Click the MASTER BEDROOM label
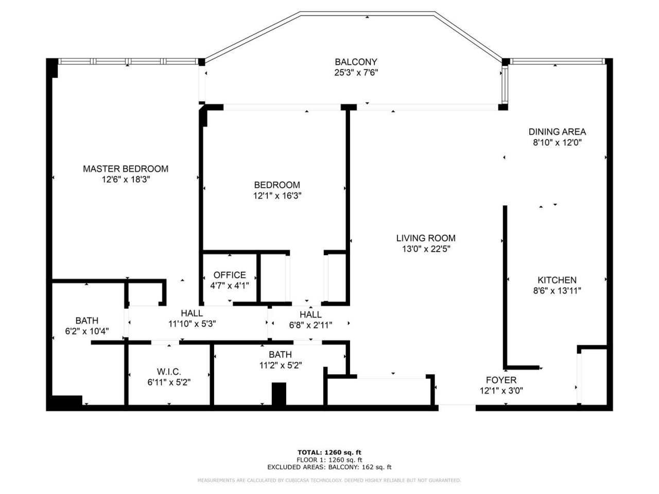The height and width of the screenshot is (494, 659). coord(126,169)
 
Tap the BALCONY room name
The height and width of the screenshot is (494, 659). coord(356,62)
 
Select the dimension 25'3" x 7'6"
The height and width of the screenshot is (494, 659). coord(356,73)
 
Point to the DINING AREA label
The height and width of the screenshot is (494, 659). coord(557,132)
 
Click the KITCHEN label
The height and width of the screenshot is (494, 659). coord(557,280)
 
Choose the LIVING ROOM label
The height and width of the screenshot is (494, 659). coord(425,238)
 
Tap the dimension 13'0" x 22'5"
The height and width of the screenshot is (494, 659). coord(425,249)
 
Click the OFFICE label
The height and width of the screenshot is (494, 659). coord(230,275)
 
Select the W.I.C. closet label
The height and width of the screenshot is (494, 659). coord(169,372)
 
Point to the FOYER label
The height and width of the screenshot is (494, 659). coord(501,380)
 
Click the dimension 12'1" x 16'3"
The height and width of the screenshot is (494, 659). coord(276,196)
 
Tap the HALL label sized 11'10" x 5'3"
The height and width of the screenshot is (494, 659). coord(192,313)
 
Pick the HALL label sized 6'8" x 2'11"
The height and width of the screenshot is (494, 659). coord(310,314)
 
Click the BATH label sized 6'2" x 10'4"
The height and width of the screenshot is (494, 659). coord(86,321)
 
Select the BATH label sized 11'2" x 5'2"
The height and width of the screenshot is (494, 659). coord(280,355)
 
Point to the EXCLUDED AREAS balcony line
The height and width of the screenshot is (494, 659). coord(329,467)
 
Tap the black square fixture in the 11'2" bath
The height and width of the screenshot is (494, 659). coord(279,394)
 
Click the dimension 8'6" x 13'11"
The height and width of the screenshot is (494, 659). coord(557,291)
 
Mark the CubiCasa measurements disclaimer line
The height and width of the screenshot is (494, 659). coord(329,480)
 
